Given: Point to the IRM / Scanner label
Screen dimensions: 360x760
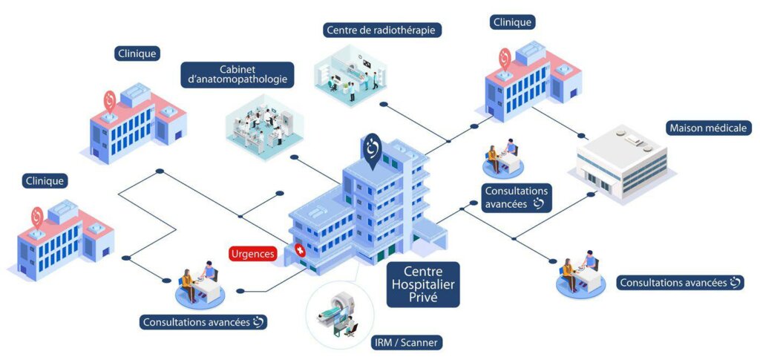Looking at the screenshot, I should point(406,343).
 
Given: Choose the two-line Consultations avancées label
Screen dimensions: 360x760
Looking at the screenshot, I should point(516,197).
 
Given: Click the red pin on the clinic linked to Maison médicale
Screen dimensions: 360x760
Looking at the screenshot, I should point(505,57).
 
